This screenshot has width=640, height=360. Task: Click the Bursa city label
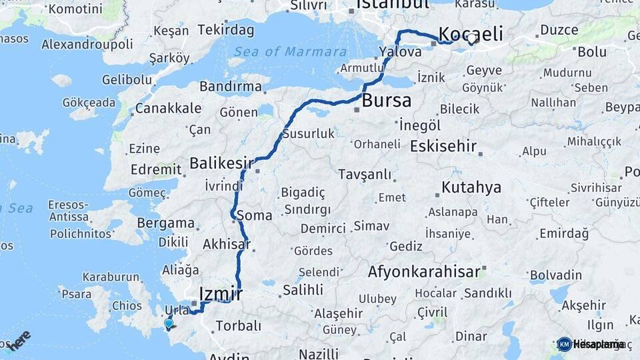pyautogui.click(x=387, y=101)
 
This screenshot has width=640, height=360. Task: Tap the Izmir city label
pyautogui.click(x=220, y=293)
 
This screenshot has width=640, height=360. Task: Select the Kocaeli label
pyautogui.click(x=470, y=35)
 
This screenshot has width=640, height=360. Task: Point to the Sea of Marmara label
pyautogui.click(x=290, y=52)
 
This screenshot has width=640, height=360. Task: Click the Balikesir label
pyautogui.click(x=221, y=163)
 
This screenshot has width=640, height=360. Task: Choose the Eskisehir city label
pyautogui.click(x=443, y=145)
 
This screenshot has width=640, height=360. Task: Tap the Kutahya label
pyautogui.click(x=471, y=187)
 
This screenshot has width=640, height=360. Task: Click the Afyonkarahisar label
pyautogui.click(x=424, y=272)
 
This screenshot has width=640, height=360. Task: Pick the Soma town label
pyautogui.click(x=253, y=216)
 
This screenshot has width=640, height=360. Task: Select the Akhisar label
pyautogui.click(x=227, y=244)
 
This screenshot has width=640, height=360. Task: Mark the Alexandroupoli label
pyautogui.click(x=87, y=45)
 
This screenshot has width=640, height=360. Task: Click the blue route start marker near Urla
pyautogui.click(x=169, y=324)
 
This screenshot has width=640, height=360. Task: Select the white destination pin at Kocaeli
pyautogui.click(x=472, y=39)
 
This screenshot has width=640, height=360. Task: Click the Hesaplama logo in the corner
pyautogui.click(x=591, y=344)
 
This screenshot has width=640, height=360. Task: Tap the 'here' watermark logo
pyautogui.click(x=20, y=339)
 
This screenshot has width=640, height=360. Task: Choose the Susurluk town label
pyautogui.click(x=308, y=133)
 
